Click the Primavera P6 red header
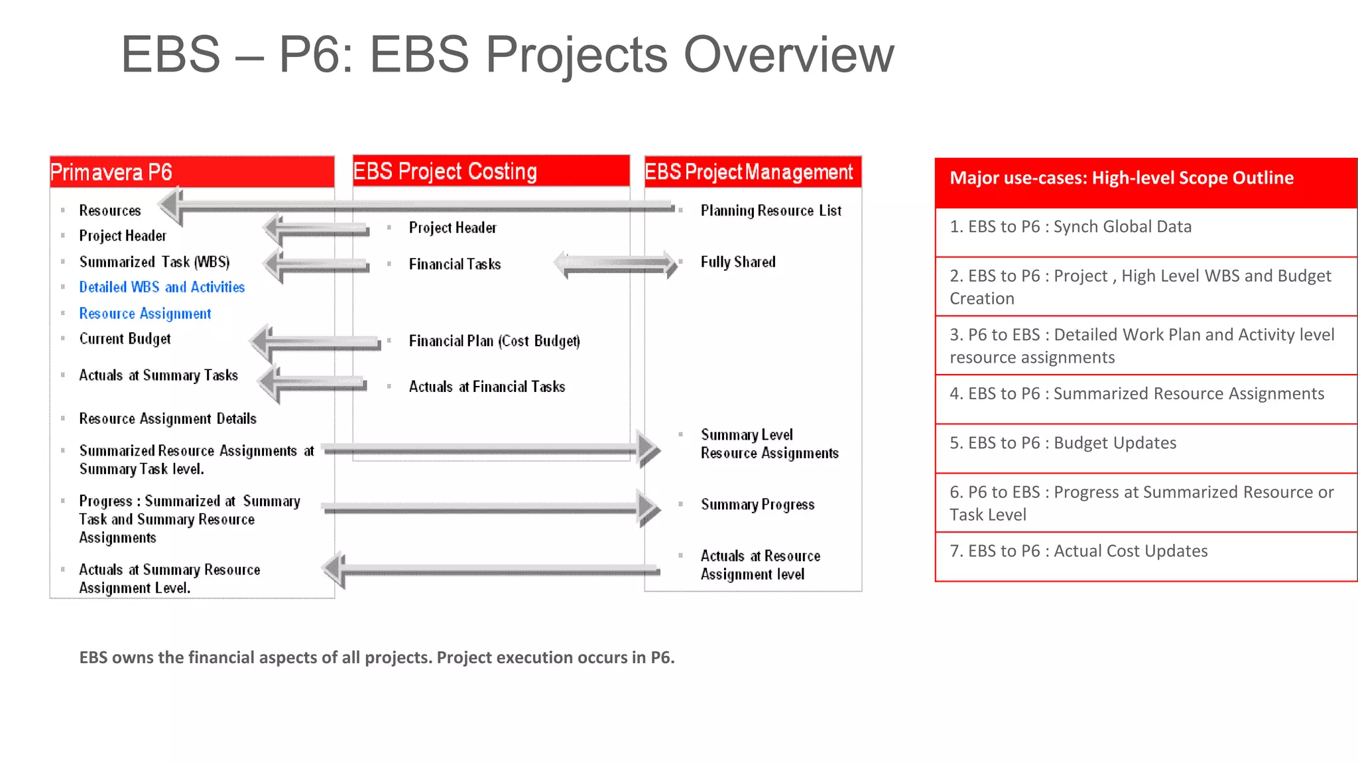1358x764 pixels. (x=191, y=172)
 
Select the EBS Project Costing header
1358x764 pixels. (x=491, y=171)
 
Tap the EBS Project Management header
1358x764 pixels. (x=752, y=172)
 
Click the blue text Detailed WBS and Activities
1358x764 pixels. (x=162, y=287)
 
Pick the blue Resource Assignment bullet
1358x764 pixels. (x=145, y=313)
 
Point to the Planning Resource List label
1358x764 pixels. (x=771, y=211)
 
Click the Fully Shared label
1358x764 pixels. (x=737, y=262)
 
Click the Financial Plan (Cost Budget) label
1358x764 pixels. (x=494, y=341)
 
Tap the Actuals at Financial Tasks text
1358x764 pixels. (x=487, y=387)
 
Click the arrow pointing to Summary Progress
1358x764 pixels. (x=491, y=508)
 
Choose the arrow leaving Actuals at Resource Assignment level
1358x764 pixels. (x=491, y=569)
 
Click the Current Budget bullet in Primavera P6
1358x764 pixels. (x=125, y=339)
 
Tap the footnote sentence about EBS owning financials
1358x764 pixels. (x=377, y=657)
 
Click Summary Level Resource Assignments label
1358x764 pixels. (x=769, y=444)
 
